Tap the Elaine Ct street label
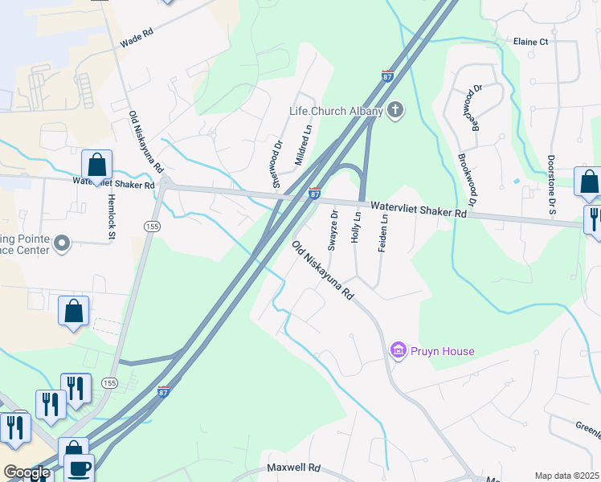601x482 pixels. (530, 42)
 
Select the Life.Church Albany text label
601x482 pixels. (336, 111)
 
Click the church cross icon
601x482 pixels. (395, 110)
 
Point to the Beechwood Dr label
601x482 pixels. (476, 108)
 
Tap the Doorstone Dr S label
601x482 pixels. (552, 186)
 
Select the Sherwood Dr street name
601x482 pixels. (279, 161)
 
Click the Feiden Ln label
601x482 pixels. (384, 234)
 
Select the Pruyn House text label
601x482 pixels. (443, 351)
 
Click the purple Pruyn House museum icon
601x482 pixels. (397, 350)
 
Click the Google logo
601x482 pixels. (27, 472)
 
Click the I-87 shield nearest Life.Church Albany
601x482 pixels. (387, 76)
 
